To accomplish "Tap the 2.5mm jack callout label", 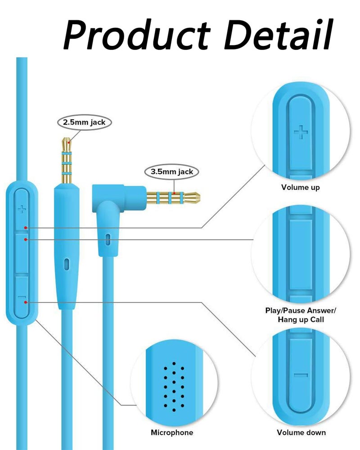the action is pyautogui.click(x=84, y=122).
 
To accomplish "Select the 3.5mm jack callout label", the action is pyautogui.click(x=171, y=172).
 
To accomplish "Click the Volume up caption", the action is pyautogui.click(x=300, y=187).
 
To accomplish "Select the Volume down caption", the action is pyautogui.click(x=301, y=432).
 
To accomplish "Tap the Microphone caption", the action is pyautogui.click(x=171, y=432).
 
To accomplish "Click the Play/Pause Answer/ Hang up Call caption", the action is pyautogui.click(x=301, y=315).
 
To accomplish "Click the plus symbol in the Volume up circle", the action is pyautogui.click(x=301, y=132).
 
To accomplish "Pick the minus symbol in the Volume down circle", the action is pyautogui.click(x=301, y=375).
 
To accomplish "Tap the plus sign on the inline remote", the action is pyautogui.click(x=22, y=209).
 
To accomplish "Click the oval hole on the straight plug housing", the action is pyautogui.click(x=67, y=264).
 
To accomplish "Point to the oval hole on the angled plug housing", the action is pyautogui.click(x=108, y=240).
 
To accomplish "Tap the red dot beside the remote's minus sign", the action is pyautogui.click(x=26, y=302).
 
